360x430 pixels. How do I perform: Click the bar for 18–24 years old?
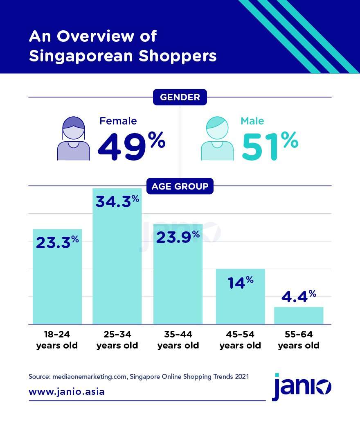click(x=57, y=283)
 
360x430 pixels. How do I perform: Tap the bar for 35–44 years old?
click(x=178, y=283)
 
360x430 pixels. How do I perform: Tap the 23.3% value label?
click(x=57, y=242)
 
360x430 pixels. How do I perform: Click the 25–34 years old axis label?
click(x=117, y=340)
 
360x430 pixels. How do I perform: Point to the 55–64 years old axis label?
click(x=299, y=340)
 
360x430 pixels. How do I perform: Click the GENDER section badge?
click(x=180, y=97)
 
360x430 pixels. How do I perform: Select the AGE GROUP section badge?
click(x=180, y=187)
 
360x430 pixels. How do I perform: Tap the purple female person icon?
click(x=74, y=139)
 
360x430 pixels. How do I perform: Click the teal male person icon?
click(x=217, y=139)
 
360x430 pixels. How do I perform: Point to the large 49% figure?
click(x=131, y=146)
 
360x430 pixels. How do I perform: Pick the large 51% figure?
click(x=270, y=146)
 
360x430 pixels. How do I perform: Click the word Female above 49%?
click(x=118, y=121)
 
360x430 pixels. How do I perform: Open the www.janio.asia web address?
click(x=67, y=392)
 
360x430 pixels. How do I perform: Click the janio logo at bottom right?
click(x=302, y=387)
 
